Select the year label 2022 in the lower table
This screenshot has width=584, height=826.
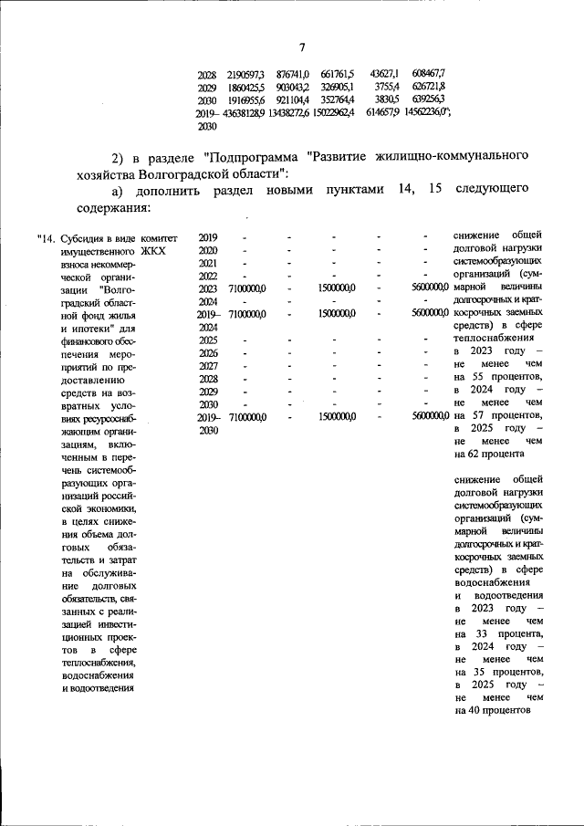pyautogui.click(x=208, y=276)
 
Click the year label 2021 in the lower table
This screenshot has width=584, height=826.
pyautogui.click(x=208, y=263)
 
